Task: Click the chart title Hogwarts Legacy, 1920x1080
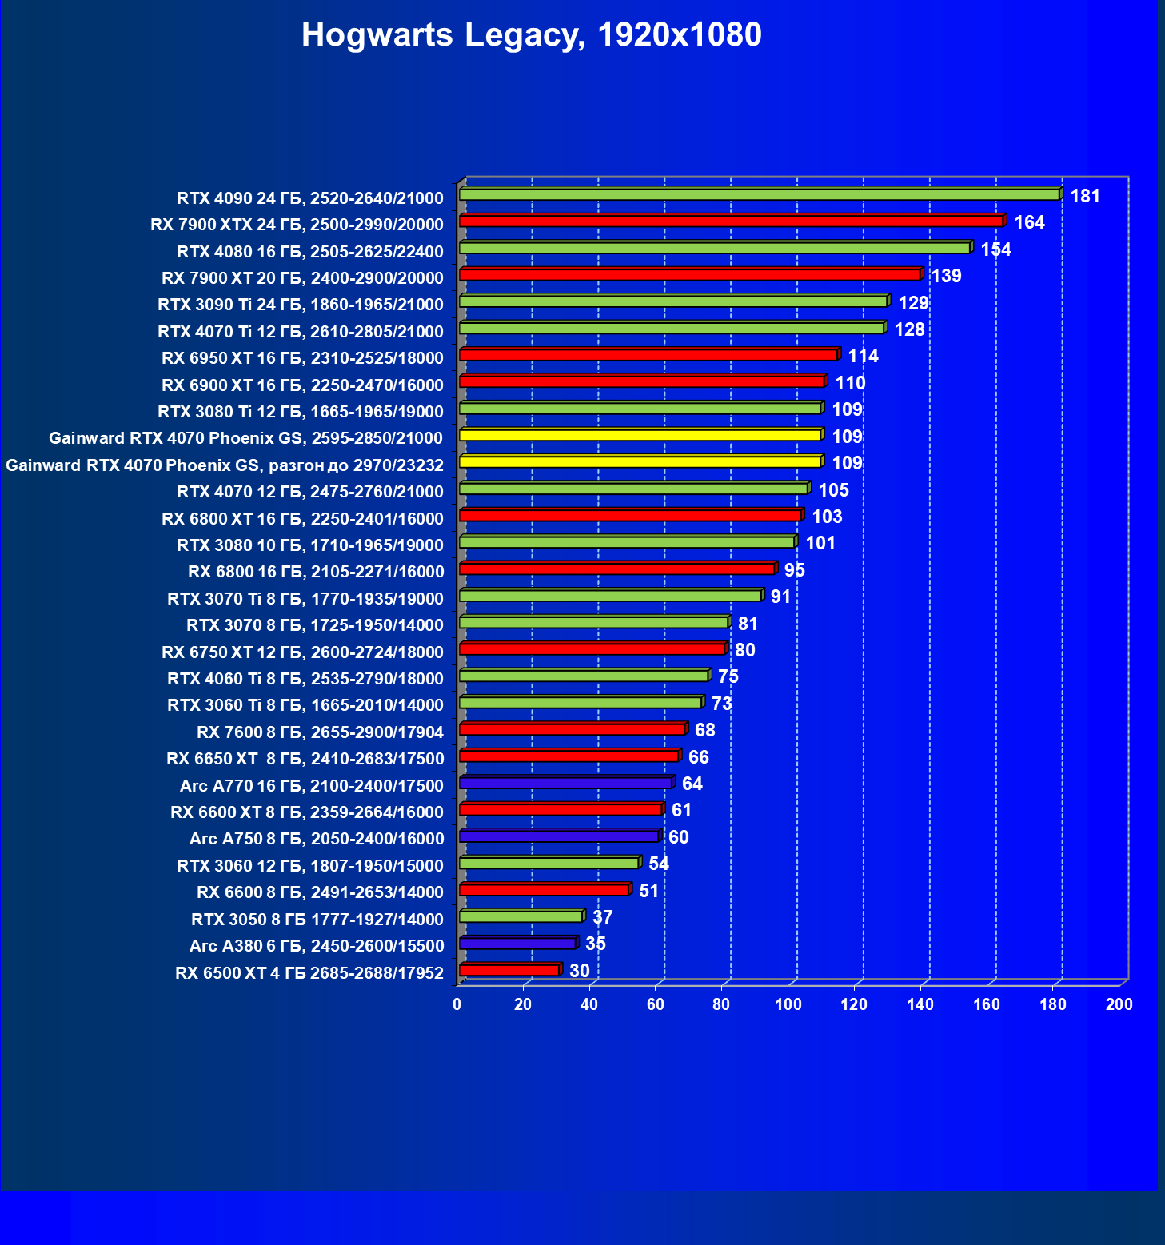click(x=531, y=35)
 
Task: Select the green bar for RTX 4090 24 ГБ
click(x=760, y=194)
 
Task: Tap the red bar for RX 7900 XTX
click(x=732, y=221)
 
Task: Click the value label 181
click(x=1085, y=197)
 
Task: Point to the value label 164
click(x=1029, y=223)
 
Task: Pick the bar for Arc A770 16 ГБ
click(x=566, y=783)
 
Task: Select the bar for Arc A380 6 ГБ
click(x=518, y=944)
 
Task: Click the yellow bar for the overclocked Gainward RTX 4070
click(x=640, y=462)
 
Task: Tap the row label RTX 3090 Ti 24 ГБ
click(x=300, y=305)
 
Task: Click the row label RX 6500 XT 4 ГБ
click(x=309, y=973)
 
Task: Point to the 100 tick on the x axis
click(x=788, y=1004)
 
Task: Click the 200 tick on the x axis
click(x=1119, y=1004)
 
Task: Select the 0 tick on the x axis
click(x=457, y=1004)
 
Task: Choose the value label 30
click(x=579, y=971)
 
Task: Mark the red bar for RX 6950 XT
click(x=648, y=355)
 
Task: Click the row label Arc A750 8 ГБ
click(x=316, y=839)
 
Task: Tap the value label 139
click(x=946, y=277)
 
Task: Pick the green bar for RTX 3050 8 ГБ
click(x=521, y=916)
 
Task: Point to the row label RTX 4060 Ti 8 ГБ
click(x=305, y=679)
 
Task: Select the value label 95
click(x=794, y=570)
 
